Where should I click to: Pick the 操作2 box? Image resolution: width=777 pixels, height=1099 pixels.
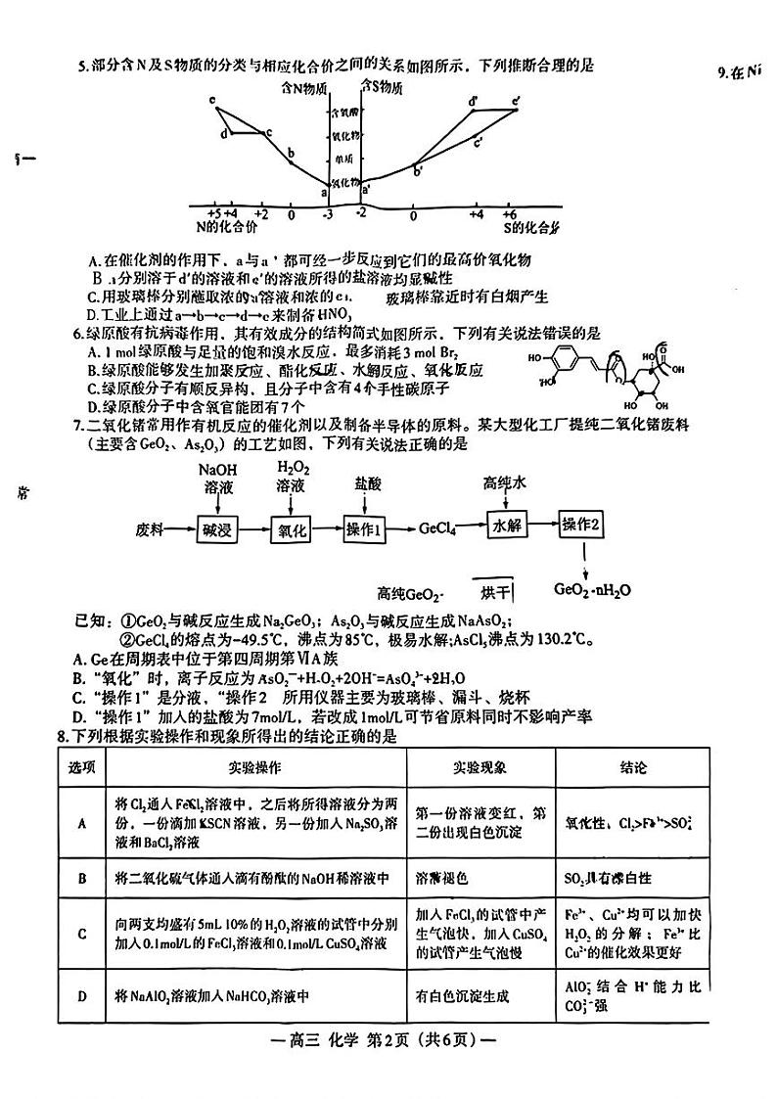pyautogui.click(x=583, y=525)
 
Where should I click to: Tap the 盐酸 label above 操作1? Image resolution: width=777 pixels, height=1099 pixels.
pyautogui.click(x=368, y=483)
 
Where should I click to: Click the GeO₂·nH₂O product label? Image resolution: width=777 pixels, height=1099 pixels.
pyautogui.click(x=592, y=590)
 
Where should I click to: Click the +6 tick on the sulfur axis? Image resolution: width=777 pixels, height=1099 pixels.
pyautogui.click(x=510, y=214)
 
